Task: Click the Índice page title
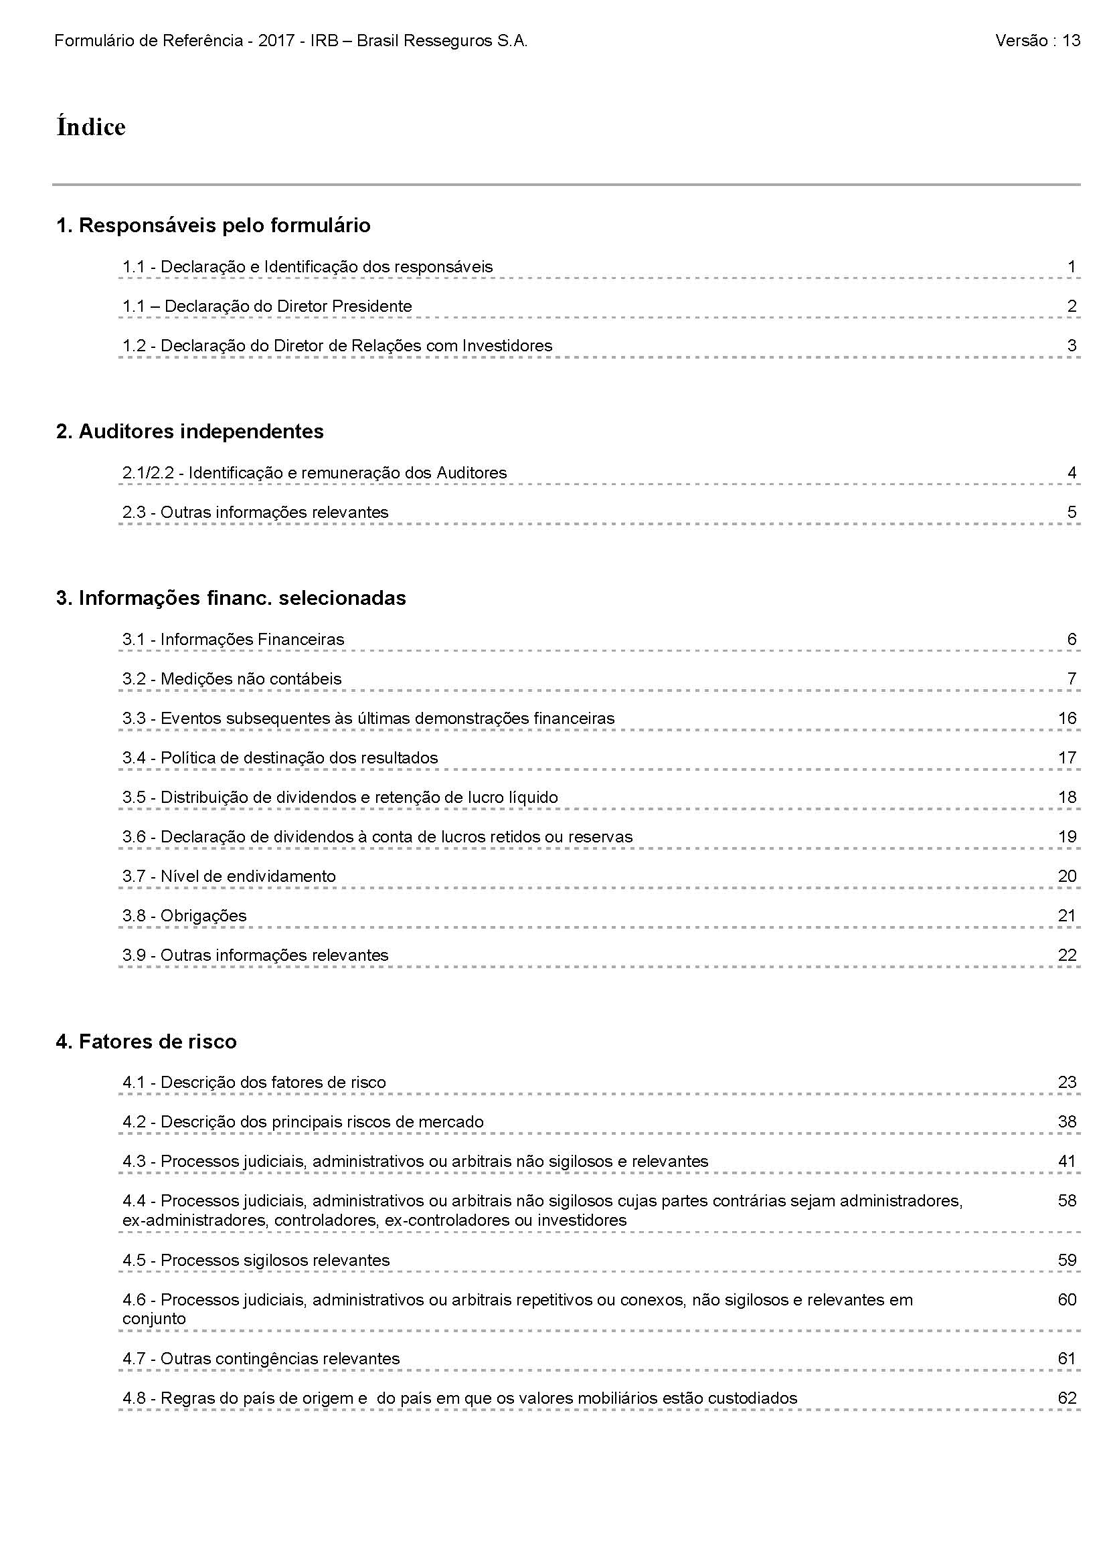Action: tap(90, 128)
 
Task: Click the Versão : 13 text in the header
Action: tap(1037, 41)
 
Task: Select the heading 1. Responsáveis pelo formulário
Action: tap(213, 225)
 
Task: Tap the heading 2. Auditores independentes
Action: tap(189, 432)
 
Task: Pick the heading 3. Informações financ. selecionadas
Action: tap(230, 597)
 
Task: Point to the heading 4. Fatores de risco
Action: tap(146, 1042)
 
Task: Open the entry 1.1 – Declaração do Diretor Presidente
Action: tap(267, 306)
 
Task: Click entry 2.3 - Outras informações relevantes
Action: tap(255, 513)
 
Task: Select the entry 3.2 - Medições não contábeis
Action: tap(232, 679)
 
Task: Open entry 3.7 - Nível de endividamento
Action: tap(229, 877)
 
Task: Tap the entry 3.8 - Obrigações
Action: tap(184, 916)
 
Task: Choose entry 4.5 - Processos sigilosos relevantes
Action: tap(256, 1261)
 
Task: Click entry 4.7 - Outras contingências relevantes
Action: tap(260, 1358)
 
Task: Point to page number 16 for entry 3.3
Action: tap(1067, 719)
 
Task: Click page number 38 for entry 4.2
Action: tap(1067, 1122)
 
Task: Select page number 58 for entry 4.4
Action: tap(1067, 1201)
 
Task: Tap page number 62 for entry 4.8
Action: tap(1067, 1398)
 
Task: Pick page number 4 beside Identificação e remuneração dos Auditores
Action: tap(1072, 473)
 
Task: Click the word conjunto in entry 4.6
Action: tap(154, 1319)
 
